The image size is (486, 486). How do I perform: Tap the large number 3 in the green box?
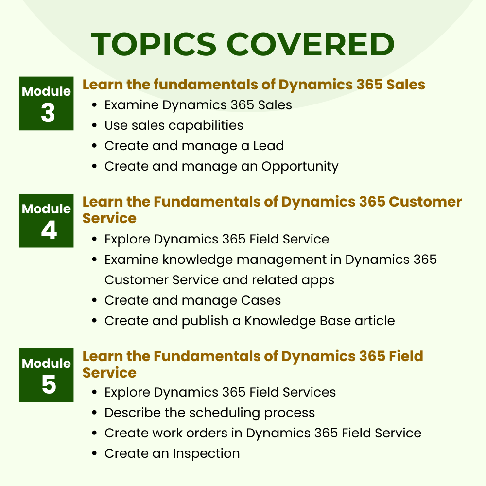pyautogui.click(x=47, y=113)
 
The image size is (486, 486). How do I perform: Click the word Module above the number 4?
pyautogui.click(x=46, y=209)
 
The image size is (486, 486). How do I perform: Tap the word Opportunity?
pyautogui.click(x=300, y=166)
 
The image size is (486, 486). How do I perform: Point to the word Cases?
pyautogui.click(x=261, y=300)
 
